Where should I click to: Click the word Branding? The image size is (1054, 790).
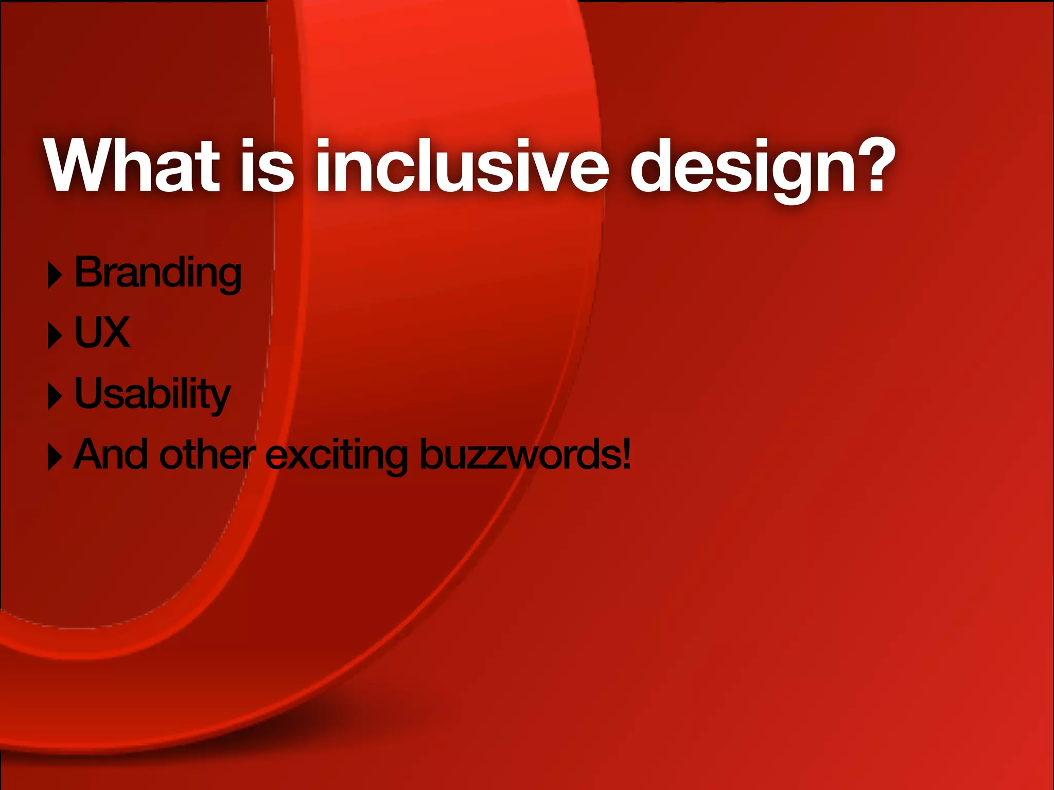click(157, 273)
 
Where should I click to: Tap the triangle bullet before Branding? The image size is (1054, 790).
click(55, 275)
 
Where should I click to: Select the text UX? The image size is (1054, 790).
click(102, 333)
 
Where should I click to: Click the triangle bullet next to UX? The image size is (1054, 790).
click(55, 336)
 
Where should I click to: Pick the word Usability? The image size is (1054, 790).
click(152, 394)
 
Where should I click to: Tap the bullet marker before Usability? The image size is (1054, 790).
click(55, 397)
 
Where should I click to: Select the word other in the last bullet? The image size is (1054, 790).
click(207, 455)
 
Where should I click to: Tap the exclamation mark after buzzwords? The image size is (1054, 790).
click(626, 454)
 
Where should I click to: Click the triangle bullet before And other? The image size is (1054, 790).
click(55, 457)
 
